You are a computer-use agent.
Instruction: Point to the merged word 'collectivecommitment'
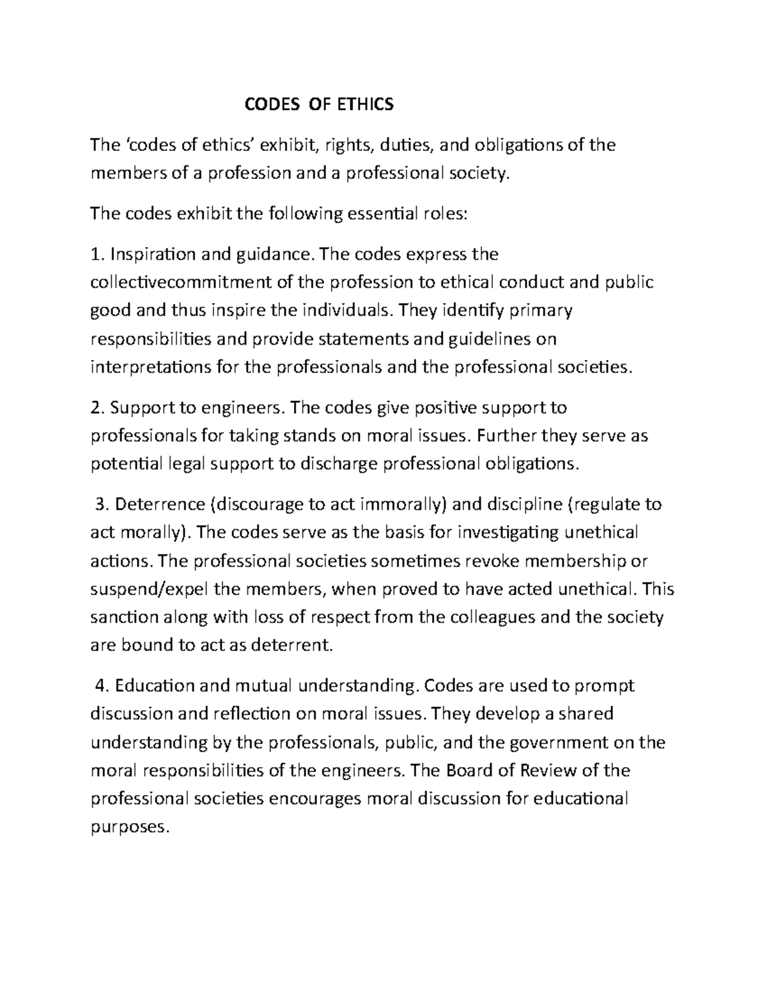point(182,283)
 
